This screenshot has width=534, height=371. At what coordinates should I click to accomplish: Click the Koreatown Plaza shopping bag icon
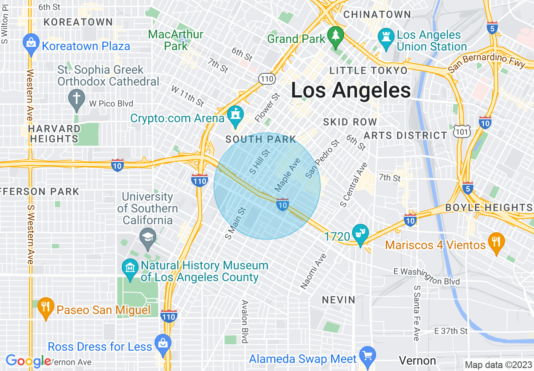click(32, 43)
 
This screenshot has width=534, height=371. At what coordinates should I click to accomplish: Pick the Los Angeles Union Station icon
click(385, 37)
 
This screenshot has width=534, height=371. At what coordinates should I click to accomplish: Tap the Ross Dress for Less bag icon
click(162, 343)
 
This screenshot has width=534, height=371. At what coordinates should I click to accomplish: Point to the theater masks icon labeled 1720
click(360, 233)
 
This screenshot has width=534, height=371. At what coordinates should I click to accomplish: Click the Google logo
click(28, 361)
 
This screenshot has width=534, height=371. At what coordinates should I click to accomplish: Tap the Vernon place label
click(417, 360)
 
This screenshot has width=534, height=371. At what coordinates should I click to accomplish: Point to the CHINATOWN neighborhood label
click(377, 14)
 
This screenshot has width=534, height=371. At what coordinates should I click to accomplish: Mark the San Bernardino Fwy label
click(487, 63)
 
